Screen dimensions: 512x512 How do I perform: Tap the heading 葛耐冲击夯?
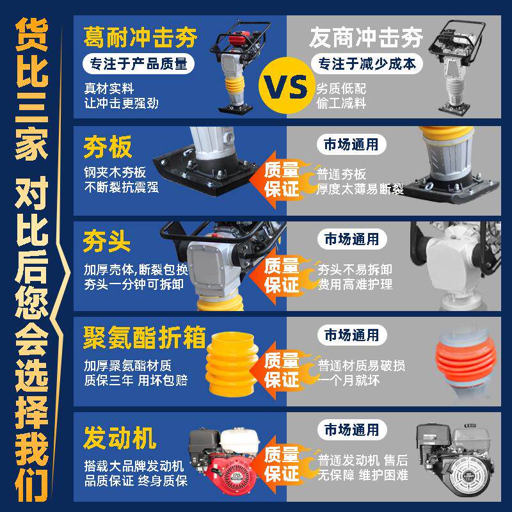click(x=140, y=37)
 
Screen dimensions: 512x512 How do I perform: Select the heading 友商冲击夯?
click(x=366, y=37)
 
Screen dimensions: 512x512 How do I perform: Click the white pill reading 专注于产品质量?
click(x=138, y=63)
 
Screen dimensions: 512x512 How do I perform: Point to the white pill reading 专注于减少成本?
click(x=367, y=63)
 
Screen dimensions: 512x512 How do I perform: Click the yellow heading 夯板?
click(x=108, y=147)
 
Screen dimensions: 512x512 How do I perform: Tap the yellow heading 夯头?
click(x=107, y=242)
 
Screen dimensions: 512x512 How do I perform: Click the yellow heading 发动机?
click(x=120, y=438)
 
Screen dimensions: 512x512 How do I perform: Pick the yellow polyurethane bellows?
click(x=232, y=365)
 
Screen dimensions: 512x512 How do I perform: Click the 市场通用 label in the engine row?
click(x=351, y=429)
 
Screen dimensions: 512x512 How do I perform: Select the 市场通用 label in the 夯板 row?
click(x=351, y=145)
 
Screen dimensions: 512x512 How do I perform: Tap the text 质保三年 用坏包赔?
click(x=136, y=380)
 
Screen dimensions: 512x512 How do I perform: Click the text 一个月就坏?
click(x=348, y=380)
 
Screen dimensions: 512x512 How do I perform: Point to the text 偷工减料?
click(x=341, y=104)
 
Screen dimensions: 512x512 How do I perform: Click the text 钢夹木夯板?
click(x=115, y=172)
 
